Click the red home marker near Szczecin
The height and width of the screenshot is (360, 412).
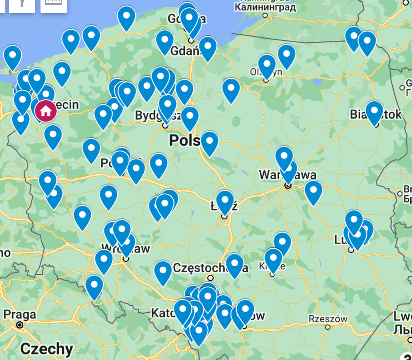tap(45, 111)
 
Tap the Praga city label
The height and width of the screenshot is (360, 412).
tap(20, 315)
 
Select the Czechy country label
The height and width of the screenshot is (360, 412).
tap(47, 349)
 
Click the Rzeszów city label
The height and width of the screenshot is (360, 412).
tap(328, 318)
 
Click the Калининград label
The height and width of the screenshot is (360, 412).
tap(265, 7)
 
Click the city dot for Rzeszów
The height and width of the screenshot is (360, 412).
tap(328, 327)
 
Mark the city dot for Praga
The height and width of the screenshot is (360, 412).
tap(20, 325)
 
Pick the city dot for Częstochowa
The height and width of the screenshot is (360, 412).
tap(210, 278)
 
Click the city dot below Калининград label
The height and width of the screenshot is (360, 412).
tap(265, 15)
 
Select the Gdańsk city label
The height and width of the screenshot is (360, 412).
tap(184, 51)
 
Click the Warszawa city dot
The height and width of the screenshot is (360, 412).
tap(288, 186)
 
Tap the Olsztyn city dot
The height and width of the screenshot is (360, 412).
tap(266, 81)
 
